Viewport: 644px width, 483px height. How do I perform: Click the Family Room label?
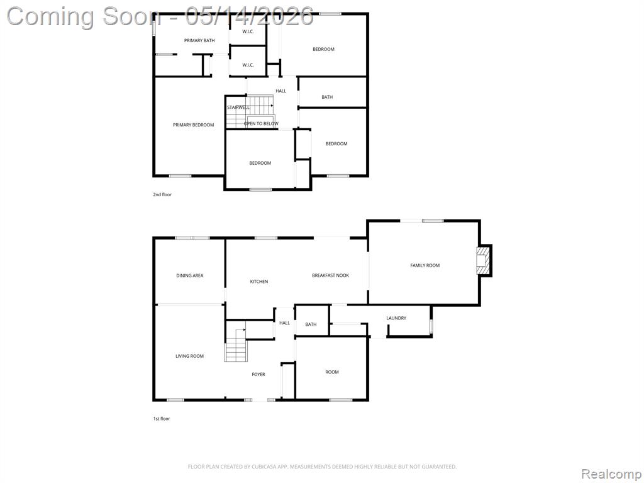click(x=425, y=265)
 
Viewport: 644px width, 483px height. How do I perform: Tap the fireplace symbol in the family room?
click(x=483, y=261)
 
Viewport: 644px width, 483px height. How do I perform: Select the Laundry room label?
click(x=396, y=318)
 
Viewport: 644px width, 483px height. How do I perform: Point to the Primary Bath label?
click(x=199, y=40)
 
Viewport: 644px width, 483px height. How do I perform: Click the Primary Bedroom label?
click(x=194, y=125)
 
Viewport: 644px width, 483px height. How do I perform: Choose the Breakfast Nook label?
click(x=330, y=275)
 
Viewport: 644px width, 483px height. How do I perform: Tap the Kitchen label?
click(x=258, y=281)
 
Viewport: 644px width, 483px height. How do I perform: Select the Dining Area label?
click(x=190, y=275)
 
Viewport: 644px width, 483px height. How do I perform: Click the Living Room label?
click(x=190, y=356)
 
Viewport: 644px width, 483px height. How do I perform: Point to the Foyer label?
click(x=258, y=374)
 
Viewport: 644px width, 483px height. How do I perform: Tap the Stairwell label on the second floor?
click(x=238, y=107)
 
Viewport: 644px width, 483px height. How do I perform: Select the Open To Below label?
click(x=261, y=123)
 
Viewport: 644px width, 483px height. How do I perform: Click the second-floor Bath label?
click(x=327, y=97)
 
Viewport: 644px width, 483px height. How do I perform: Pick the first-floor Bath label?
click(x=311, y=324)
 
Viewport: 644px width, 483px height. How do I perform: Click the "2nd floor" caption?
click(x=162, y=194)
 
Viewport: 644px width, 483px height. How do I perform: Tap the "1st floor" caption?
click(x=162, y=418)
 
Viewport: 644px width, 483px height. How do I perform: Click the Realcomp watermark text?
click(x=611, y=474)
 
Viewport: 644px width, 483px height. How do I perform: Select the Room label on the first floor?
click(x=332, y=372)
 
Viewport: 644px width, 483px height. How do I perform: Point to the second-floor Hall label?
click(x=281, y=91)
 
